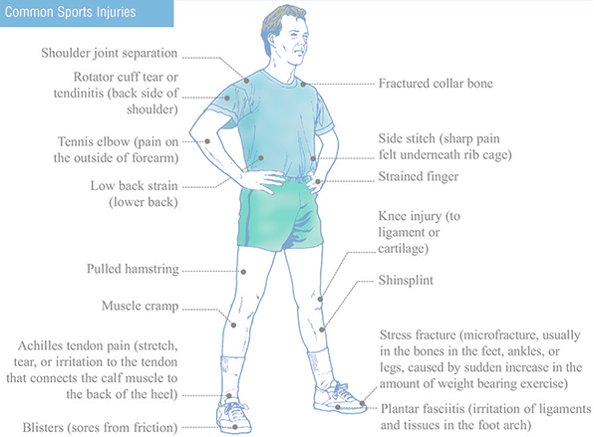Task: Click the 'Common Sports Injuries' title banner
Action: tap(87, 13)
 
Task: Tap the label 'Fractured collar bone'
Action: tap(436, 84)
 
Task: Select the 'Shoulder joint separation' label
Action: tap(109, 54)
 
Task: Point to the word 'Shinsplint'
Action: tap(406, 281)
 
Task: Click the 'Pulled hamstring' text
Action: tap(133, 269)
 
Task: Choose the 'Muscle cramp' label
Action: tap(140, 306)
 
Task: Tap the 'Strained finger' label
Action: tap(419, 177)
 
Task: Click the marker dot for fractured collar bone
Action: tap(303, 85)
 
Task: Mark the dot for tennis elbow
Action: tap(207, 141)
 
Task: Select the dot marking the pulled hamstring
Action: tap(243, 272)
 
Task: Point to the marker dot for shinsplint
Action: tap(322, 329)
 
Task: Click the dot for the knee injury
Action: tap(320, 300)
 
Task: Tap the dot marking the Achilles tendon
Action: tap(229, 396)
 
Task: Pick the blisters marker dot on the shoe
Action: tap(235, 427)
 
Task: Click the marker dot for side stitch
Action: tap(313, 159)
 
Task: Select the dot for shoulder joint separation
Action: tap(246, 81)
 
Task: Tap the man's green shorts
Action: tap(280, 216)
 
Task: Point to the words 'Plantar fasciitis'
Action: tap(423, 409)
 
